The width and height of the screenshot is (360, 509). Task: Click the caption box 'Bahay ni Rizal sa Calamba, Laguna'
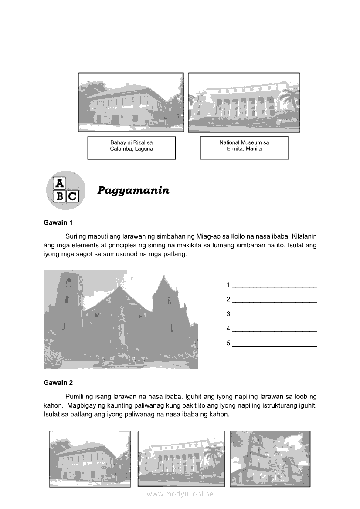pos(131,148)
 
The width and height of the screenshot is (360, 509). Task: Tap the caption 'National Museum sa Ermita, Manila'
pos(244,148)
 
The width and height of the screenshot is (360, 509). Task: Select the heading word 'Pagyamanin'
pos(133,190)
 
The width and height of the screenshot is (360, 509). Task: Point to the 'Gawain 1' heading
pos(58,222)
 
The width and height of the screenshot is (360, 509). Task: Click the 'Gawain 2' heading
pos(58,383)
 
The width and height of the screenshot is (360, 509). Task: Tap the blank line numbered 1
pos(274,285)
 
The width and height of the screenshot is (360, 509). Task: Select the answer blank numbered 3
pos(274,314)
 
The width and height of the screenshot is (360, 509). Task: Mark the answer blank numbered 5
pos(274,344)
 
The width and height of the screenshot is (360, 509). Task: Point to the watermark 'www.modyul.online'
pos(180,494)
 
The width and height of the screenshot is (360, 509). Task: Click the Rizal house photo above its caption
pos(131,102)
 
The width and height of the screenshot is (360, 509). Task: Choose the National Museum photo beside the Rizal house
pos(244,102)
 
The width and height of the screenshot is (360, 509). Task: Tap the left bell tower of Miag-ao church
pos(68,300)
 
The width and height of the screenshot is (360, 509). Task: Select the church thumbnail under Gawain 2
pos(270,458)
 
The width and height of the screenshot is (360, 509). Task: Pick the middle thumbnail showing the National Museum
pos(181,458)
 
